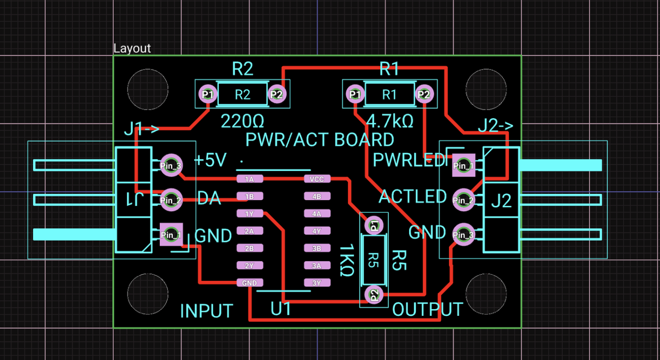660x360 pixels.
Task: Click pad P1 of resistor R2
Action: point(208,95)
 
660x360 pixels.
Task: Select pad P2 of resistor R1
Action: point(424,95)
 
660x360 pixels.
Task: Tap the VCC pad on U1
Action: point(317,179)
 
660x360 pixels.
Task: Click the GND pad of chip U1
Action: point(249,283)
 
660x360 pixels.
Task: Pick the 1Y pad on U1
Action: point(249,214)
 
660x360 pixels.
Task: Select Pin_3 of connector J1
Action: point(171,166)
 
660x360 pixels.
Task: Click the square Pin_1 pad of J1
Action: point(171,235)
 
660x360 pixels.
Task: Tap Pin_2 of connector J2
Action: point(463,200)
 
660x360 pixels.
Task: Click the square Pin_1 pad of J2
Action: point(463,166)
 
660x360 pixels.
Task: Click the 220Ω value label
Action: point(242,121)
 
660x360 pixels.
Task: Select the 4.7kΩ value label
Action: point(389,121)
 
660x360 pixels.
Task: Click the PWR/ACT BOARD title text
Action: point(319,140)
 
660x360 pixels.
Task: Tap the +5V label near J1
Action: point(210,160)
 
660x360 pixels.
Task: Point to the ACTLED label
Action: point(412,196)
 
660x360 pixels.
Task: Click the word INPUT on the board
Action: point(206,311)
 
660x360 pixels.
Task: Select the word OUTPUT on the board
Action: point(427,310)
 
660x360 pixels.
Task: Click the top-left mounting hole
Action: point(148,89)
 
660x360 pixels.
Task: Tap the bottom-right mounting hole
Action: point(486,294)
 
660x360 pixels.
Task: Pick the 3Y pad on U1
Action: point(317,283)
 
